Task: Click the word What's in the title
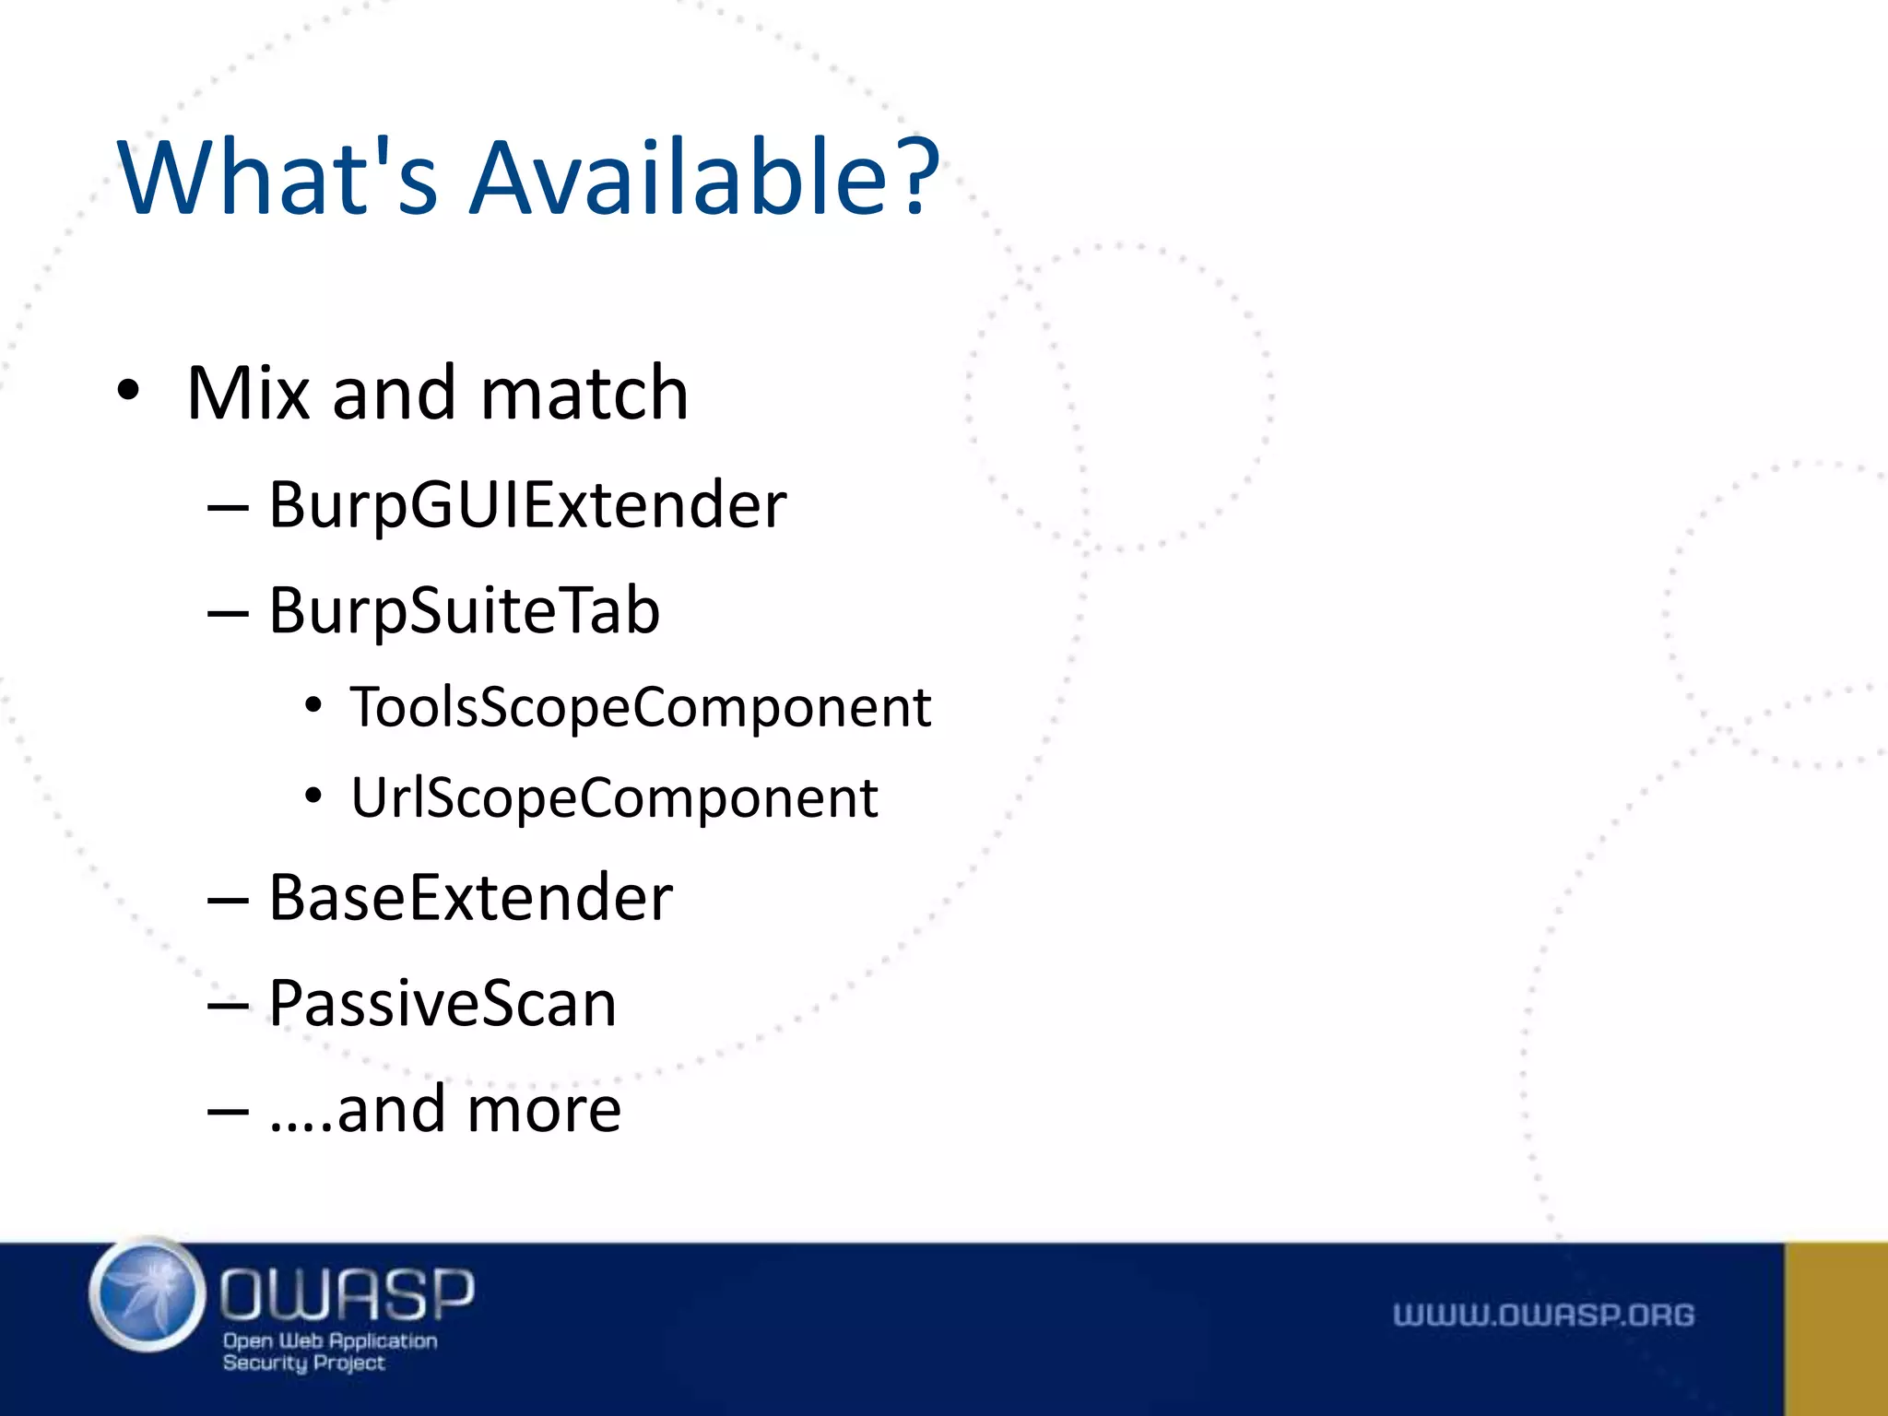point(277,177)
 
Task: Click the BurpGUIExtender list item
point(526,506)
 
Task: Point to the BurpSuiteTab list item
point(464,611)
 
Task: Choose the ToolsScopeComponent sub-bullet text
point(640,708)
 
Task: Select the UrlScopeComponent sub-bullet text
point(614,797)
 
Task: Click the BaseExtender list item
point(470,898)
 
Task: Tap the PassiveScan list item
point(442,1004)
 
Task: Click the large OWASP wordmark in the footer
point(346,1293)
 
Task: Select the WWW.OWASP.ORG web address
point(1543,1315)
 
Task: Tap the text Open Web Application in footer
point(330,1340)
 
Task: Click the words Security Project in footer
point(303,1363)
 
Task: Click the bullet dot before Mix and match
point(128,392)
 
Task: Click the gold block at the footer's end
point(1835,1328)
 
